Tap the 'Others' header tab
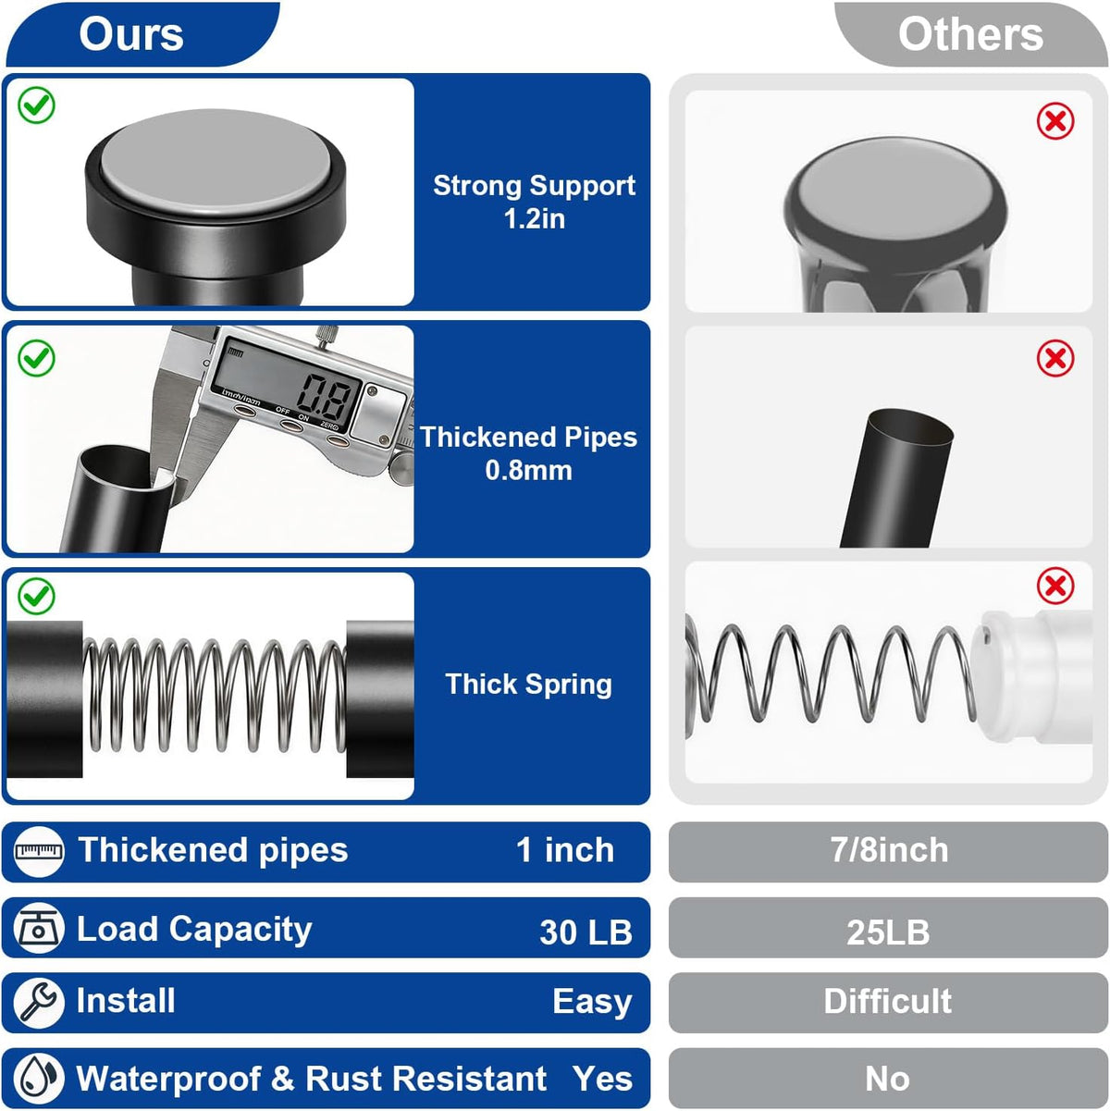[970, 34]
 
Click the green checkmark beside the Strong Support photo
[36, 105]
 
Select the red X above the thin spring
[1055, 586]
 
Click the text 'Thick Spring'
[528, 685]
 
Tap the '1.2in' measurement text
[535, 219]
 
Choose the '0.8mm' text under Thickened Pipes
[528, 471]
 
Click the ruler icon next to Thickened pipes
[38, 851]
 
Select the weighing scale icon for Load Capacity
[38, 928]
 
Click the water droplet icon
[38, 1079]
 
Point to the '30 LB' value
[586, 932]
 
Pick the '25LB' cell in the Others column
[888, 932]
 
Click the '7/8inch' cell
[889, 850]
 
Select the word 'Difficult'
[887, 1001]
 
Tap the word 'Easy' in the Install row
[592, 1003]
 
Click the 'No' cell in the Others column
[887, 1079]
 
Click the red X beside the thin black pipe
[1055, 359]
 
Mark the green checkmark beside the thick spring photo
[36, 596]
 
